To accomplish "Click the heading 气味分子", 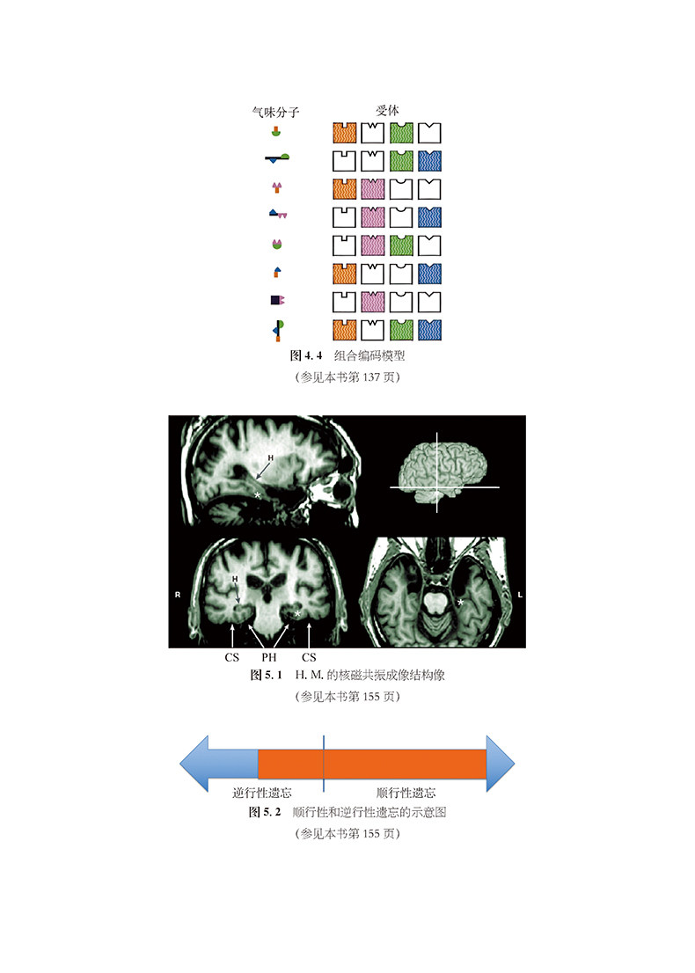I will click(276, 112).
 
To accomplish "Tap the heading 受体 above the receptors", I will click(387, 111).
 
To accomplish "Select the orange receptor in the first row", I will click(345, 134).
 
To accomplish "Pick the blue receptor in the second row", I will click(430, 161).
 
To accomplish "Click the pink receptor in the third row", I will click(373, 188).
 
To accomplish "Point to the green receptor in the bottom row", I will click(401, 330).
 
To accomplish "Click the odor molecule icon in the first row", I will click(277, 134).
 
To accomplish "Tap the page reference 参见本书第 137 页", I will click(347, 377).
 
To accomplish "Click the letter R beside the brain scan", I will click(178, 596).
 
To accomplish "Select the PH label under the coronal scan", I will click(269, 657).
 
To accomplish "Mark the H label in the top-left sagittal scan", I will click(270, 458).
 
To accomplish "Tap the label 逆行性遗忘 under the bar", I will click(262, 793).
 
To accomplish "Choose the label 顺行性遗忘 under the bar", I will click(406, 793).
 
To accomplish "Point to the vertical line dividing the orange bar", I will click(324, 764).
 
